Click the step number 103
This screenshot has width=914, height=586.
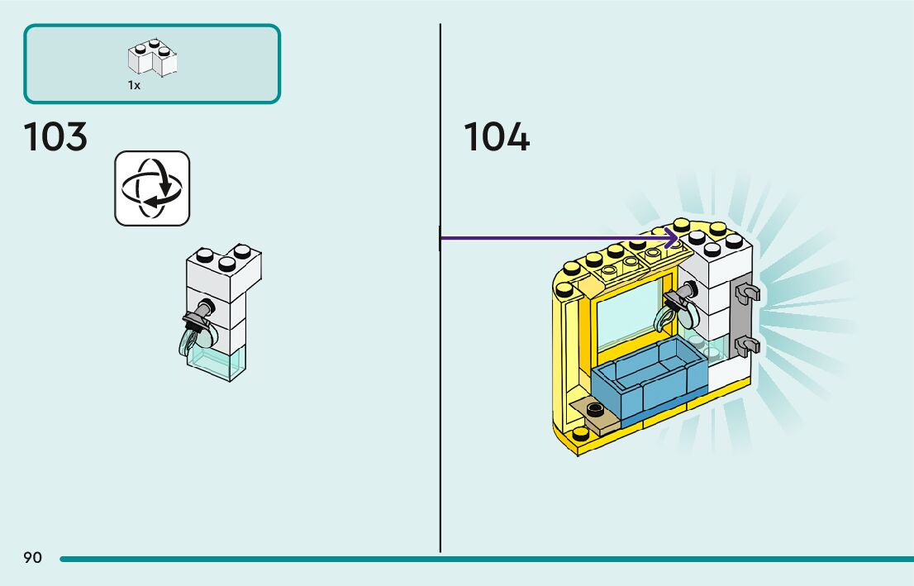click(x=55, y=137)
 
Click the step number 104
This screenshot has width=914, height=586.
click(x=497, y=137)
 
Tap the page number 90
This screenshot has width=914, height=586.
click(x=33, y=557)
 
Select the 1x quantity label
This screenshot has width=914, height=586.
click(x=134, y=85)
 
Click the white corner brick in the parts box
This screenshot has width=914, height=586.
click(x=153, y=58)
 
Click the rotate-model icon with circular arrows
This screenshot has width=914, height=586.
click(x=152, y=188)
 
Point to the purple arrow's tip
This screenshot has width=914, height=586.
click(x=678, y=238)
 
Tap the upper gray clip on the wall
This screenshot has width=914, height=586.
click(x=748, y=293)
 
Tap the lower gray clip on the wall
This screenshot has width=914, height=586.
click(x=748, y=346)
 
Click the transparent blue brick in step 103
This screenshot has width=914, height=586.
click(x=217, y=362)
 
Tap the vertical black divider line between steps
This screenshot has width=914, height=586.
click(x=440, y=288)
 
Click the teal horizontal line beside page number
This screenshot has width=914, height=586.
click(x=487, y=560)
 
